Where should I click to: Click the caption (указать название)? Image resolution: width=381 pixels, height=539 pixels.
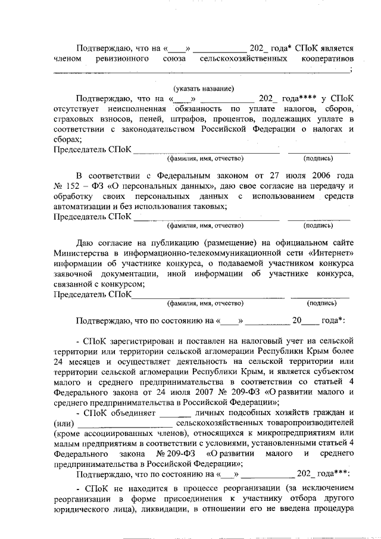pyautogui.click(x=199, y=88)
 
